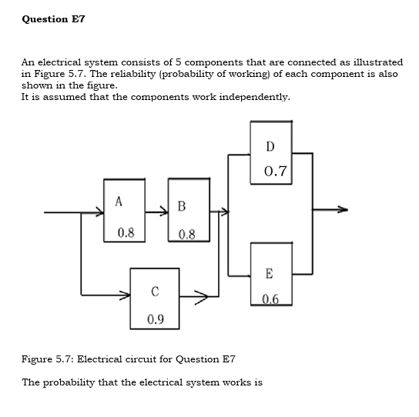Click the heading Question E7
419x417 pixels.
pyautogui.click(x=53, y=18)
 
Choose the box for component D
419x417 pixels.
pyautogui.click(x=270, y=152)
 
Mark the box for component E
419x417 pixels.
pyautogui.click(x=270, y=274)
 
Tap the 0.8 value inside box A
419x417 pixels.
pyautogui.click(x=126, y=232)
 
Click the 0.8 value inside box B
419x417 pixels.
pyautogui.click(x=186, y=234)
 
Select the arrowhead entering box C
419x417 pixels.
pyautogui.click(x=125, y=294)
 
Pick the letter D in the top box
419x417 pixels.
pyautogui.click(x=270, y=146)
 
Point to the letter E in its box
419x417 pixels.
pyautogui.click(x=269, y=273)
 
